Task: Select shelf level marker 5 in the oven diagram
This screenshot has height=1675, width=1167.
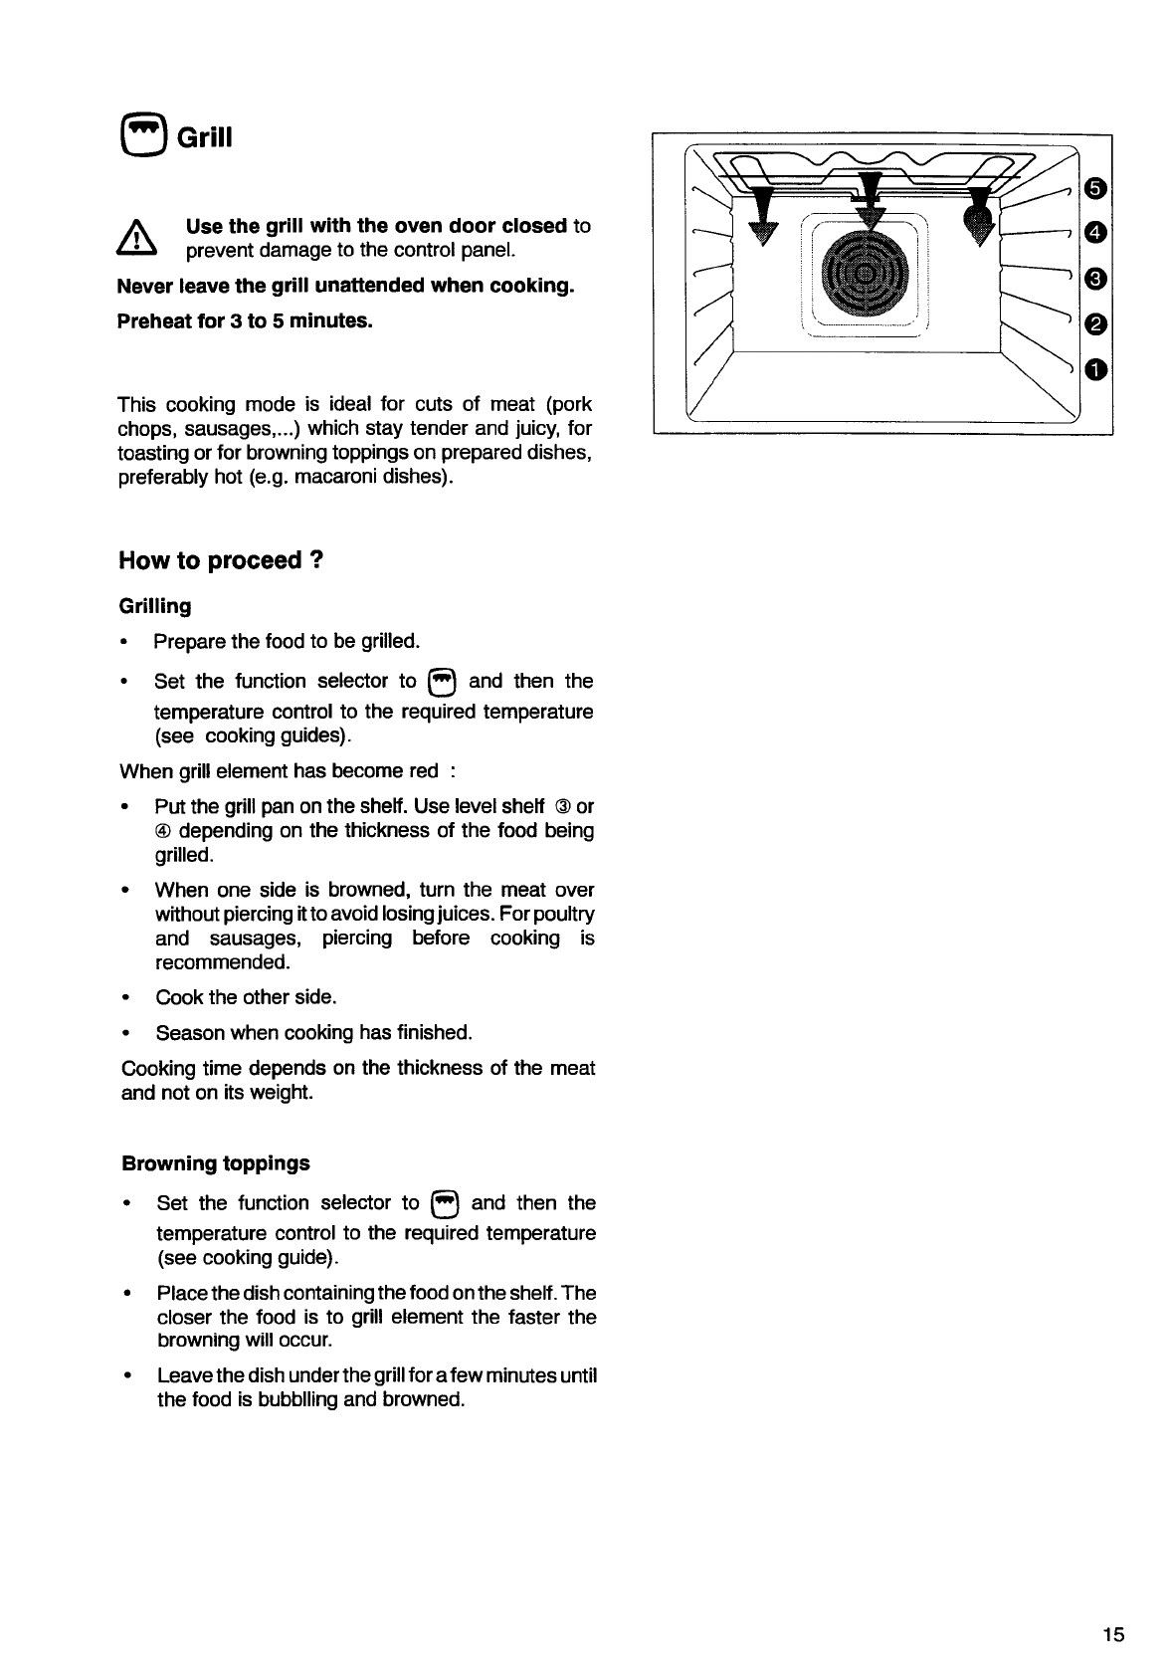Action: (1094, 187)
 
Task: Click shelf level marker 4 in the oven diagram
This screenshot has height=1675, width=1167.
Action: (1094, 233)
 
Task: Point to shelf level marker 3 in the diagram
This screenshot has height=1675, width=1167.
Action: (1094, 279)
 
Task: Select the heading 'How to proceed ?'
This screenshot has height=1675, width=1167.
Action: (221, 560)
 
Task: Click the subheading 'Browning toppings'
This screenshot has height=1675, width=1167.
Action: (215, 1163)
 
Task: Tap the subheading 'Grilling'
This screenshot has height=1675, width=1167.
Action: (155, 606)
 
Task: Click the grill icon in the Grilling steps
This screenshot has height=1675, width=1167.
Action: (441, 682)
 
